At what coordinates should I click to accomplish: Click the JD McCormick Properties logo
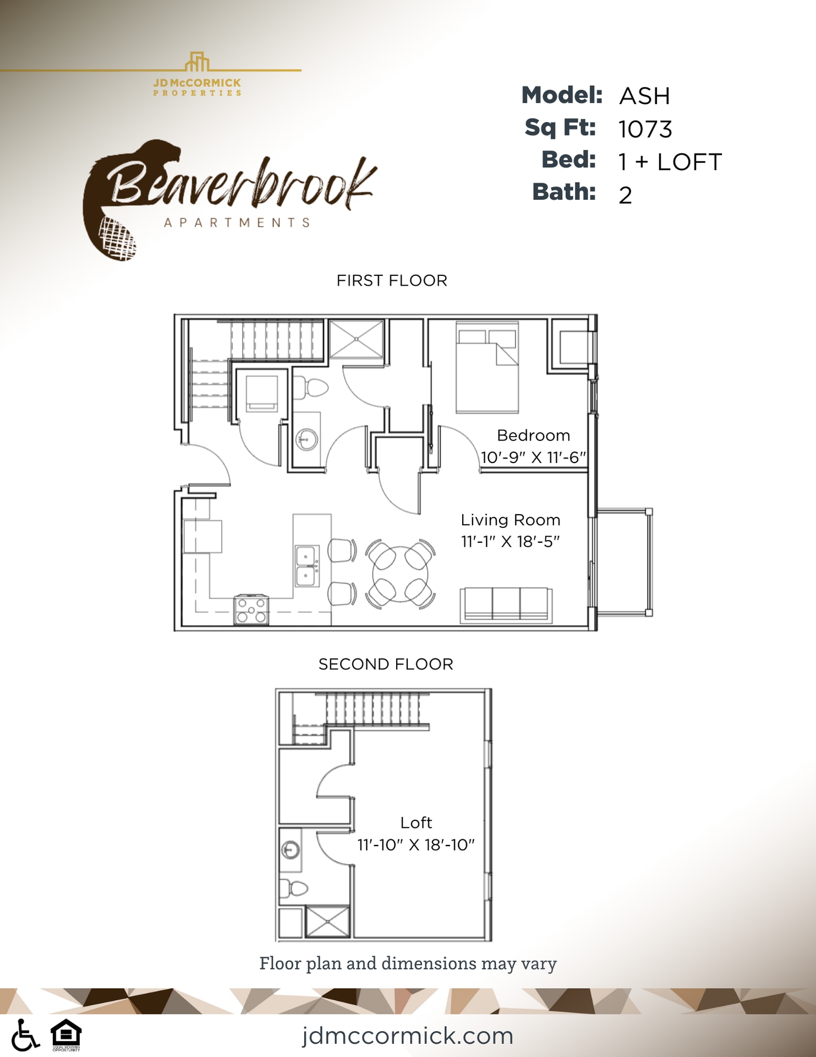coord(197,75)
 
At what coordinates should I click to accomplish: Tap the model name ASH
coord(644,96)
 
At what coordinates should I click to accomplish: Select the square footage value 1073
coord(645,129)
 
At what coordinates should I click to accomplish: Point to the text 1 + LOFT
coord(670,162)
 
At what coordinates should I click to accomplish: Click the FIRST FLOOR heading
coord(392,281)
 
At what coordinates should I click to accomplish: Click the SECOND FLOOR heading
coord(386,664)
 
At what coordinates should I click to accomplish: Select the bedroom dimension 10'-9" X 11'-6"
coord(533,457)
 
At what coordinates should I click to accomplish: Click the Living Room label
coord(511,520)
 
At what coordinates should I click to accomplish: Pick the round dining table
coord(401,574)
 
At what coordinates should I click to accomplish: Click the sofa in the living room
coord(506,605)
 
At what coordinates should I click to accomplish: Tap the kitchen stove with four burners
coord(251,610)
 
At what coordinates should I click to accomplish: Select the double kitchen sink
coord(307,566)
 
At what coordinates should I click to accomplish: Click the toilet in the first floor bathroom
coord(311,388)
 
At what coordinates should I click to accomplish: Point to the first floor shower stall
coord(356,339)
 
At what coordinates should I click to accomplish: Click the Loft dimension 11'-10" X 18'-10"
coord(416,845)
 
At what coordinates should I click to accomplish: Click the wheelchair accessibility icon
coord(25,1035)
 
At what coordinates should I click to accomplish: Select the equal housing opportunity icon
coord(66,1034)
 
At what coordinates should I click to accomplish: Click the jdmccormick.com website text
coord(407,1036)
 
